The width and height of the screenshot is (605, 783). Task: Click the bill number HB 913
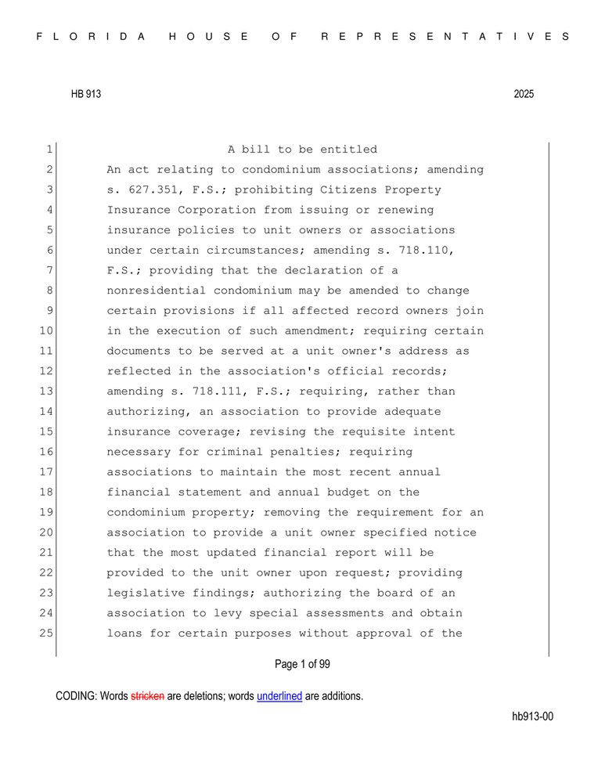(x=85, y=94)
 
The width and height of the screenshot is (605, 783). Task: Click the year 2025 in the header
(x=524, y=94)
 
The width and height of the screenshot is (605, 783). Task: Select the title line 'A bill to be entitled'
(x=302, y=150)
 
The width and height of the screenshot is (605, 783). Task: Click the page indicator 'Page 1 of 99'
(x=302, y=664)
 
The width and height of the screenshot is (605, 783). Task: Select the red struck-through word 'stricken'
(x=147, y=695)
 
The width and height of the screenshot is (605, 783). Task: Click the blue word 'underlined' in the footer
(x=279, y=695)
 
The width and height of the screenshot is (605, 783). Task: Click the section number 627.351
(x=149, y=190)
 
